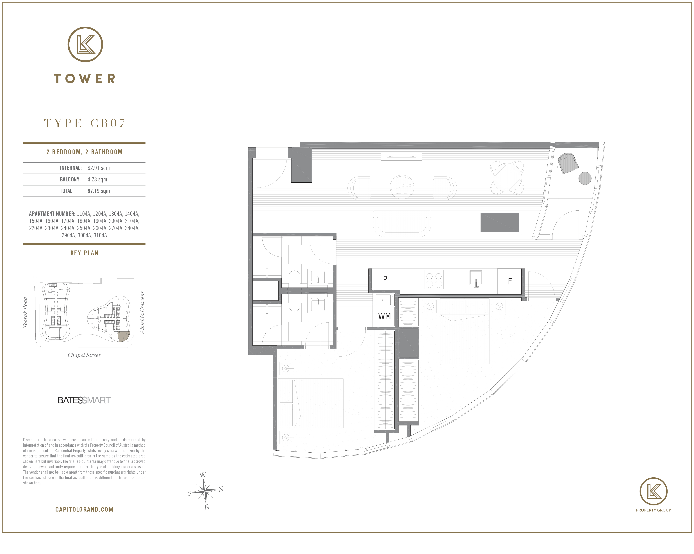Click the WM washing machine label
(x=384, y=316)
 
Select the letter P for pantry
(x=385, y=279)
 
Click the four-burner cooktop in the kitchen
(x=434, y=280)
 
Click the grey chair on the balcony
(x=568, y=163)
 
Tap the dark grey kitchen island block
(x=500, y=222)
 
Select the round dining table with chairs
(x=507, y=178)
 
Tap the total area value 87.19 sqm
(x=99, y=191)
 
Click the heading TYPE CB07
(x=84, y=123)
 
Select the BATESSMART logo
(x=84, y=400)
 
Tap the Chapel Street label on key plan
(x=84, y=355)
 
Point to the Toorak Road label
(x=25, y=312)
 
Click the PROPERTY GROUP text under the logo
(x=653, y=510)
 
